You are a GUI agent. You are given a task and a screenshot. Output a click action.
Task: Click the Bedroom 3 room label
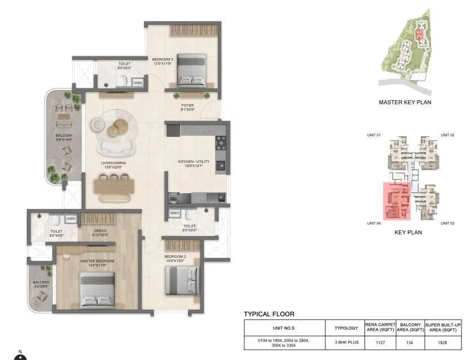(x=163, y=61)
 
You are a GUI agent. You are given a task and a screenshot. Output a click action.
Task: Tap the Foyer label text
(x=188, y=107)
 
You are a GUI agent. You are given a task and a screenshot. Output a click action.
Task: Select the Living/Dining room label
(x=114, y=165)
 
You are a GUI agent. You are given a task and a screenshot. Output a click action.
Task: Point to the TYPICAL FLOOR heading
(x=269, y=314)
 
